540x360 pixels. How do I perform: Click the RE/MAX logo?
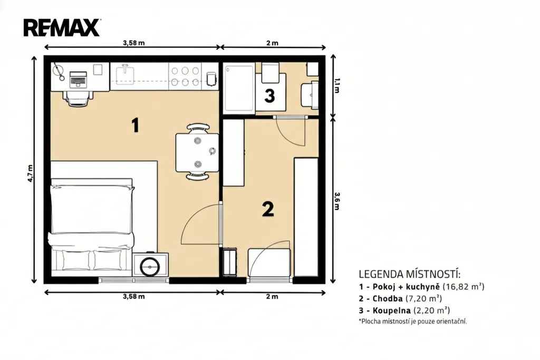point(62,28)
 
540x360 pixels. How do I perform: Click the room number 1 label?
point(136,125)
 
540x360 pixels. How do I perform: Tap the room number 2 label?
point(268,209)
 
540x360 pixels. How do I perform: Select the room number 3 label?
point(269,96)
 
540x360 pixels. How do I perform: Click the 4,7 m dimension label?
point(30,173)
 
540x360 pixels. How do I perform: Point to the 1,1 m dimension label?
point(337,86)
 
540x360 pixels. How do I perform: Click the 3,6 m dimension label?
point(337,201)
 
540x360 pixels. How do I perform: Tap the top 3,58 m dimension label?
point(133,43)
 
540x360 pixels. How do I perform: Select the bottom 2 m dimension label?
point(272,296)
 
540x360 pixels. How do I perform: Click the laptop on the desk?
point(78,79)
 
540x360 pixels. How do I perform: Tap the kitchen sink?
point(125,74)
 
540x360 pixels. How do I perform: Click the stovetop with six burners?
point(185,76)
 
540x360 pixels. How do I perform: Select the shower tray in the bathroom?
point(239,88)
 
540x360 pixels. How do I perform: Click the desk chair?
point(78,98)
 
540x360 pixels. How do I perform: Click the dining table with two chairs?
point(197,152)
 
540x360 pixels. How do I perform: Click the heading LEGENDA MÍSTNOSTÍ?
point(409,274)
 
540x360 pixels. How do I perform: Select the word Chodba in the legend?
point(388,298)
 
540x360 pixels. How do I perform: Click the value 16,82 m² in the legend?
point(464,286)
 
